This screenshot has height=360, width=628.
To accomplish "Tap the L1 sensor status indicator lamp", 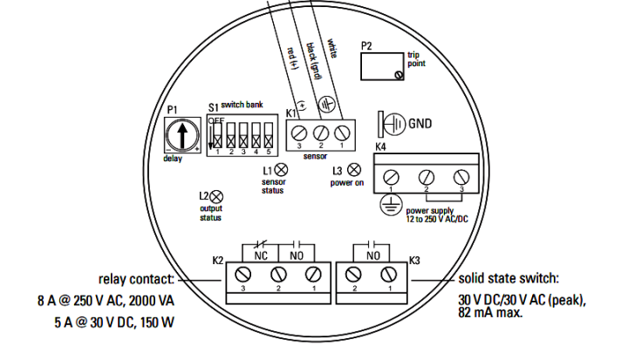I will (x=282, y=170).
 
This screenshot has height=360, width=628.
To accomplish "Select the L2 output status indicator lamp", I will (x=215, y=197).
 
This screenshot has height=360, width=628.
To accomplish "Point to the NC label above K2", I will (x=261, y=256).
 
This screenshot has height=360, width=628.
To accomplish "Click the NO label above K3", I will (x=373, y=256).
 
